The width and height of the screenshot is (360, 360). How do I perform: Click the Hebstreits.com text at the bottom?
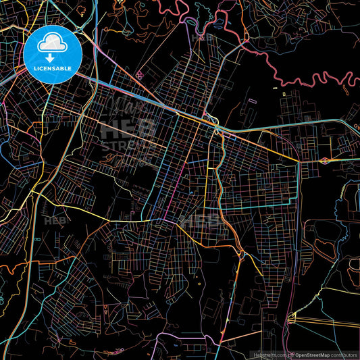[x=269, y=355]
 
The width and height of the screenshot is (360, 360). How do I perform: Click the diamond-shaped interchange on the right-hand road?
[x=325, y=161]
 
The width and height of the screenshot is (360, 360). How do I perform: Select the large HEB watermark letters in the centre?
[x=128, y=128]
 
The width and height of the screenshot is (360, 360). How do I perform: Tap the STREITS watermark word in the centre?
[x=128, y=145]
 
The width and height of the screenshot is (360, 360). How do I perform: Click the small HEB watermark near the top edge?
[x=202, y=38]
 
